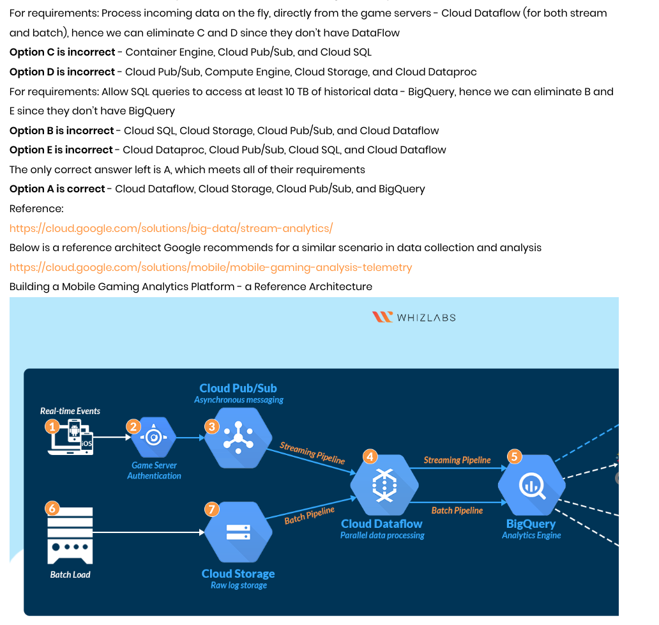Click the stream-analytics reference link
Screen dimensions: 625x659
pos(171,228)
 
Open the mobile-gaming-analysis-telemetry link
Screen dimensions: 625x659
pos(211,267)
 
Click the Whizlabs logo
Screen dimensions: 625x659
pos(414,317)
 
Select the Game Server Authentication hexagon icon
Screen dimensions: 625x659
pos(153,438)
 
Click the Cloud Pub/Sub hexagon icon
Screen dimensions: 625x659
pos(238,438)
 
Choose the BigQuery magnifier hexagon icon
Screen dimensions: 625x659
pos(531,485)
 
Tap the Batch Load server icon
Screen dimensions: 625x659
pos(70,535)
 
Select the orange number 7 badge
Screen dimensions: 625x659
pos(212,509)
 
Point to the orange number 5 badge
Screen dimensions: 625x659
pos(514,456)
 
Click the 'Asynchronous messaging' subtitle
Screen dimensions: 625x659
pos(239,400)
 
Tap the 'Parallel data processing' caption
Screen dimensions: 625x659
pos(382,536)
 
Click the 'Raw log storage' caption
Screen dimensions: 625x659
pos(238,585)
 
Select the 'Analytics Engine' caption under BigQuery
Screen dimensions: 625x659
pos(531,536)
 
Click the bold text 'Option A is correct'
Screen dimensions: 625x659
pos(57,189)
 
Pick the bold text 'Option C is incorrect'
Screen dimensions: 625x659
pos(63,52)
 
